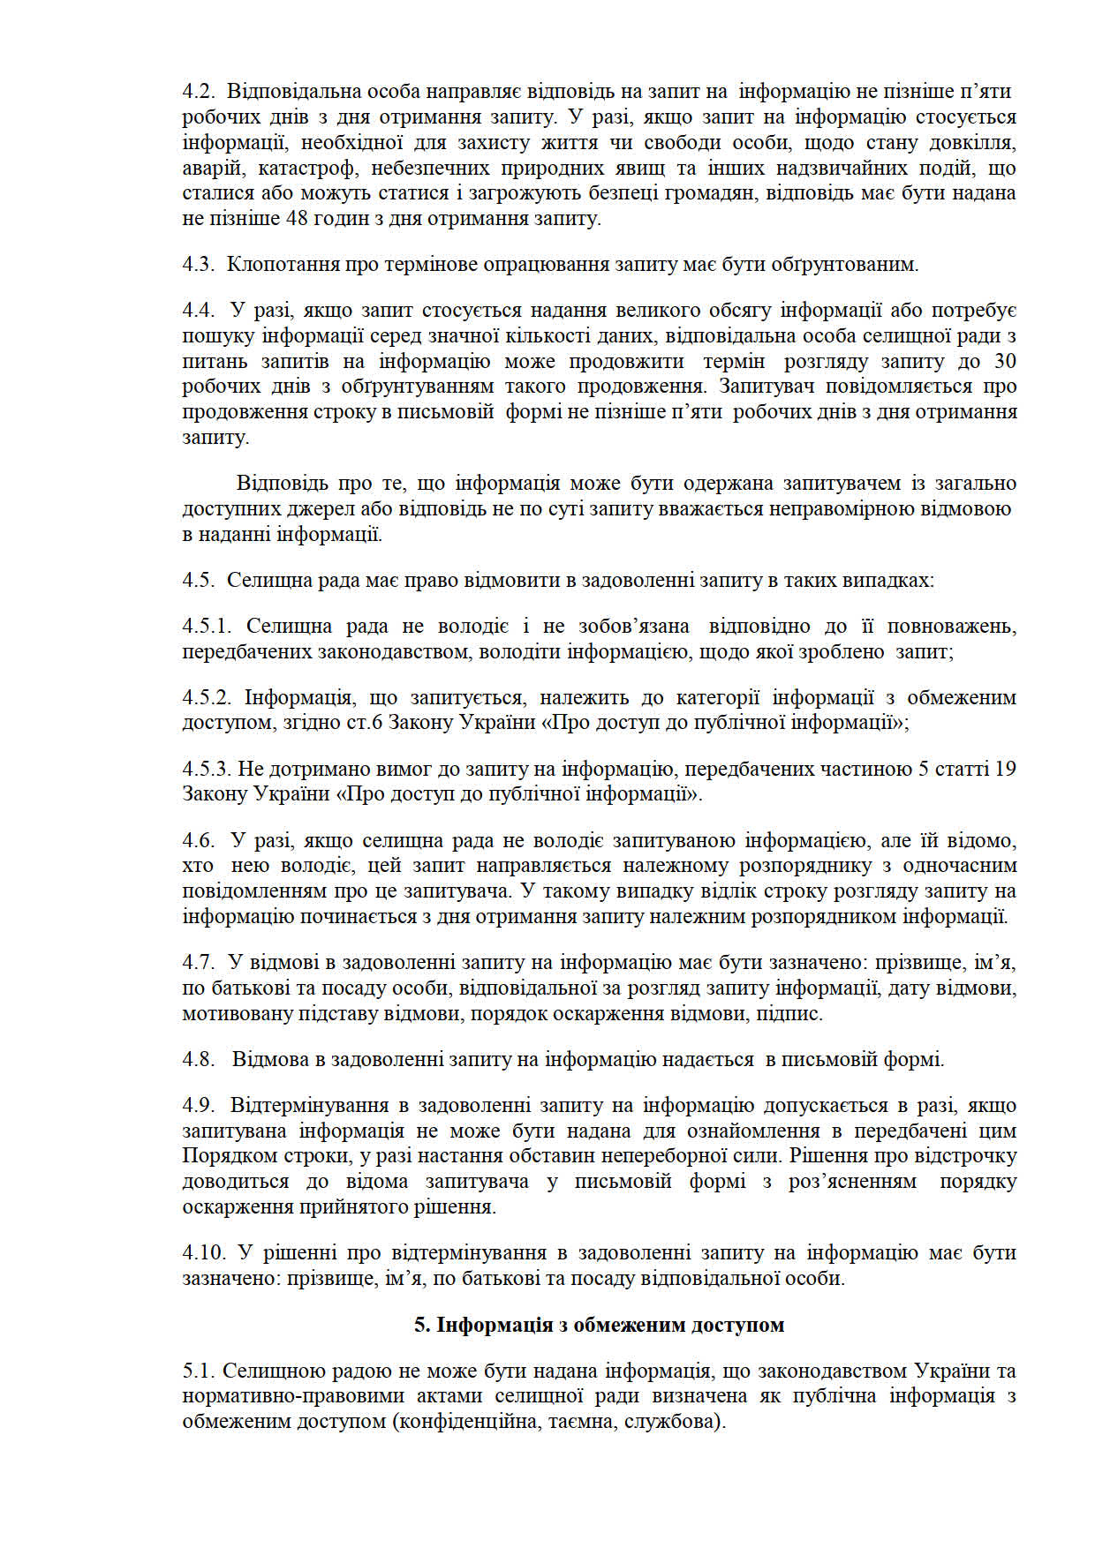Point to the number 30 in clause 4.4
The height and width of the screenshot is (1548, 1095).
click(x=1005, y=362)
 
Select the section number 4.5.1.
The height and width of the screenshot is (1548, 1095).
click(x=207, y=627)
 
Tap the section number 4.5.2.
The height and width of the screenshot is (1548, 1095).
click(x=207, y=698)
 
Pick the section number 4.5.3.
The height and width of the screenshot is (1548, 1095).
click(x=207, y=770)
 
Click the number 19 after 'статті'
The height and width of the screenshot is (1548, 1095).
click(x=1005, y=770)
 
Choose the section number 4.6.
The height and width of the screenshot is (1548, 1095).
click(x=198, y=841)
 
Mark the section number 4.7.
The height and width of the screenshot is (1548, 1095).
click(x=198, y=963)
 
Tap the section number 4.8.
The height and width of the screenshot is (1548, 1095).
click(x=198, y=1060)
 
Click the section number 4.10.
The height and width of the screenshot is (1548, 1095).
click(x=202, y=1253)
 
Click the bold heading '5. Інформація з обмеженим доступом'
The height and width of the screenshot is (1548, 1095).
click(x=600, y=1326)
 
